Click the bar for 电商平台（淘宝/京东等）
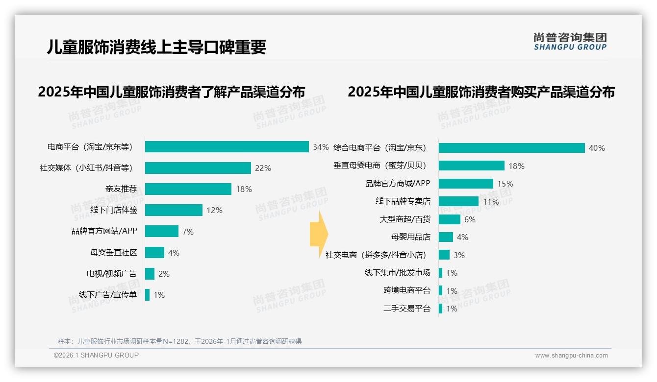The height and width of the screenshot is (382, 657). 227,147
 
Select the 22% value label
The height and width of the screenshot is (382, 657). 263,168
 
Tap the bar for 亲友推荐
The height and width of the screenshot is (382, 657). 188,189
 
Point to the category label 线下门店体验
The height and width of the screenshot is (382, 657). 114,210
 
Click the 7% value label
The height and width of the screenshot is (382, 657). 188,232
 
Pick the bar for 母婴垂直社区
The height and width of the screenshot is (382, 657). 154,253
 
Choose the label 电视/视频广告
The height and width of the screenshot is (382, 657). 112,274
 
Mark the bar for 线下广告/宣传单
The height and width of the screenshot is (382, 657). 147,295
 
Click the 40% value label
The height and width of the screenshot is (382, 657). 597,148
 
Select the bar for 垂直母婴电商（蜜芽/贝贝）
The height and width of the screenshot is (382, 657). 471,166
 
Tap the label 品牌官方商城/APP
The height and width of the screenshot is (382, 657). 398,184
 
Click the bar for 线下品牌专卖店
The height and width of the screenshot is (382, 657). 458,201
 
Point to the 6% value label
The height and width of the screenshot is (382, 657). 470,219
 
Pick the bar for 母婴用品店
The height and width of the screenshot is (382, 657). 446,237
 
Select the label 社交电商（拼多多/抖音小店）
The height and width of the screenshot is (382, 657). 376,255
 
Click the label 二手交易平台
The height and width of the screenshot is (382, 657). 407,309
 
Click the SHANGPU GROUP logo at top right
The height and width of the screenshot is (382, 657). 570,42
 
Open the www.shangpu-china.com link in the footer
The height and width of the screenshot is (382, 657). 571,356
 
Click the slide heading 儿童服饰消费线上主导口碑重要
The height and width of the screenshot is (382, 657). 156,47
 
